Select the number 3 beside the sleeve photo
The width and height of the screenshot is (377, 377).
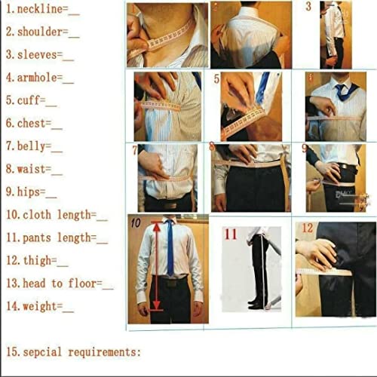[x=308, y=7]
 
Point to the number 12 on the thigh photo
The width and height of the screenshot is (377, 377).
[x=308, y=228]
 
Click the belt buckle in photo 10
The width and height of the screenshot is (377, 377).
[x=173, y=284]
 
